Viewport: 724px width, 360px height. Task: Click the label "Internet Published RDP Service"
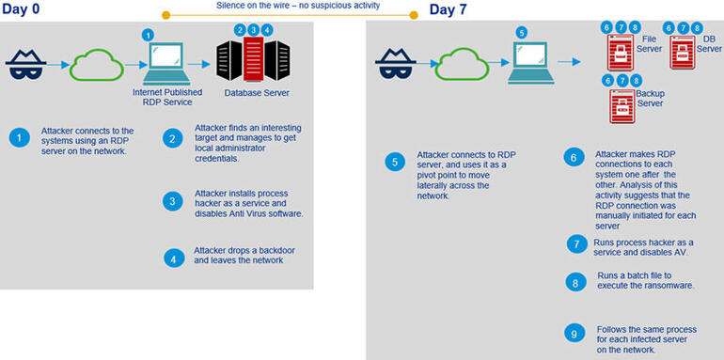pos(162,97)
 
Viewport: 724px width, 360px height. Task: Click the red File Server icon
pos(622,52)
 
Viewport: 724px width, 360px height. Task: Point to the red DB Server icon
pos(683,52)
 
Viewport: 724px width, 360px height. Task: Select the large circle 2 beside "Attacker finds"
pos(172,138)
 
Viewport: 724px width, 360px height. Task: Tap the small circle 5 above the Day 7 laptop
pos(522,31)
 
